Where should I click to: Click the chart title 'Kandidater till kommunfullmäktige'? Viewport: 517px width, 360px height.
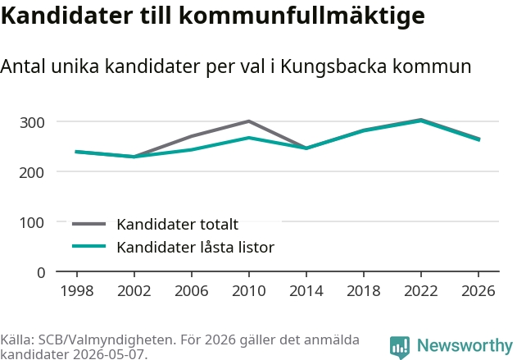[213, 16]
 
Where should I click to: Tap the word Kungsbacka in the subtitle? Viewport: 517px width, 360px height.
[333, 66]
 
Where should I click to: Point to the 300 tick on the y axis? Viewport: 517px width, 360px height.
[32, 123]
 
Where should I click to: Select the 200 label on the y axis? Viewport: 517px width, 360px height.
[32, 172]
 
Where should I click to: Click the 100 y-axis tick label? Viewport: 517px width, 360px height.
[32, 223]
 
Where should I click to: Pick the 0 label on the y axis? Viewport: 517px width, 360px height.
[41, 273]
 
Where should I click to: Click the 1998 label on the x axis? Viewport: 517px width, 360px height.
[77, 290]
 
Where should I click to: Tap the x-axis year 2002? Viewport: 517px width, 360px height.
[134, 290]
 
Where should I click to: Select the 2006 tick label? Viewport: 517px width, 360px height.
[192, 290]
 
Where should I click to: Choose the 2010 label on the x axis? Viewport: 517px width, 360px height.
[249, 290]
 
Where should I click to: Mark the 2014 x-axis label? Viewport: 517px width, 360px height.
[306, 290]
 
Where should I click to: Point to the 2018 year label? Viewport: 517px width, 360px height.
[364, 290]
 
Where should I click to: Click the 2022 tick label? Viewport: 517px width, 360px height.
[421, 290]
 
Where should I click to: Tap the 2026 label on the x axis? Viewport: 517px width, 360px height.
[478, 290]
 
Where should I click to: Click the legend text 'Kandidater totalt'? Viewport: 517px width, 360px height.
[178, 225]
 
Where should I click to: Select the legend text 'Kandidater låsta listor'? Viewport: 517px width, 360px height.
[196, 247]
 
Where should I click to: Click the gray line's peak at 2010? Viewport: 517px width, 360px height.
[249, 121]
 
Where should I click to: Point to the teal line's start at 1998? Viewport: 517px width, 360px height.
[76, 152]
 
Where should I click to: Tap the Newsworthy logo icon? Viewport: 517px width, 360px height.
[400, 347]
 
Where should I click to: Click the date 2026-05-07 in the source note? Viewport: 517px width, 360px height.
[108, 354]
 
